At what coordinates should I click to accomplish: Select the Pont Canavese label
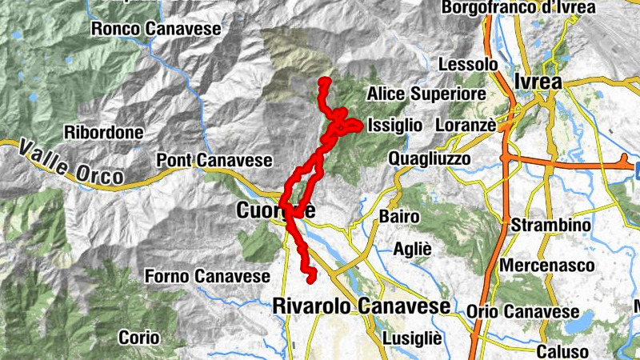(x=215, y=160)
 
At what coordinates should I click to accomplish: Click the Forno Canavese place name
(x=207, y=276)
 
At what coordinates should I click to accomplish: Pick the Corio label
(x=139, y=338)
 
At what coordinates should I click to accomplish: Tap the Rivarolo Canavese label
(x=361, y=306)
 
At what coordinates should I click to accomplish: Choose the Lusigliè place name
(x=412, y=338)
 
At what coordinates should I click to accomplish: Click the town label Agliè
(x=412, y=250)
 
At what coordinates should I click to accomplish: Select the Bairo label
(x=399, y=217)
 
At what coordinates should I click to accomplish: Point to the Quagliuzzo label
(x=430, y=159)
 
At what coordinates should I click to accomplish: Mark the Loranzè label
(x=466, y=126)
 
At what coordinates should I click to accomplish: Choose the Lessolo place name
(x=469, y=64)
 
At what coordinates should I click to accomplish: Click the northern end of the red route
(x=324, y=81)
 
